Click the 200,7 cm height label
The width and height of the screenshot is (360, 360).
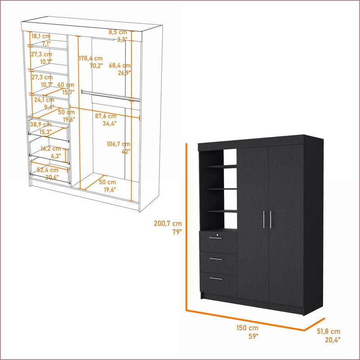click(168, 223)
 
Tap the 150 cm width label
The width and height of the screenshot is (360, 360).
click(247, 328)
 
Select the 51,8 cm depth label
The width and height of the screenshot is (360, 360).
click(328, 331)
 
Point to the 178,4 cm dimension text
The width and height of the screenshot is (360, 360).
click(91, 58)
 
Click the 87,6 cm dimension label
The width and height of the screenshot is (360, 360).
click(106, 116)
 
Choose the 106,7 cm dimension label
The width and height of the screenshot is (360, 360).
click(118, 144)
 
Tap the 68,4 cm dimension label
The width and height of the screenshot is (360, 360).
click(120, 65)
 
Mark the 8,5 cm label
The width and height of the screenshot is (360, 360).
click(118, 32)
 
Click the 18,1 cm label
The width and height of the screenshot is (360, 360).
click(41, 36)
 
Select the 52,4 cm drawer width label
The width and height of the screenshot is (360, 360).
click(48, 170)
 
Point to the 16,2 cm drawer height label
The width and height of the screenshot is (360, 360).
click(51, 149)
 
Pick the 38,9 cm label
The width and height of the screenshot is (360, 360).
click(40, 125)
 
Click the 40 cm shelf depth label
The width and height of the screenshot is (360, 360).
click(66, 85)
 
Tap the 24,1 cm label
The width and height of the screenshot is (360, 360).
click(44, 100)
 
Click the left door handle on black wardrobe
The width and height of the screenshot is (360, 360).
click(264, 220)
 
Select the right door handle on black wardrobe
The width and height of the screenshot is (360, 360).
click(271, 220)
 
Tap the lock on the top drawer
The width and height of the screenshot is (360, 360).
click(217, 235)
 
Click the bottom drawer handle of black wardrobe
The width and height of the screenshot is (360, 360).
click(216, 279)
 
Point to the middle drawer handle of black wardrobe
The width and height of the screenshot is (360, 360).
click(216, 259)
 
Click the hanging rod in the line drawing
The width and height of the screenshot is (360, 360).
click(111, 95)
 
